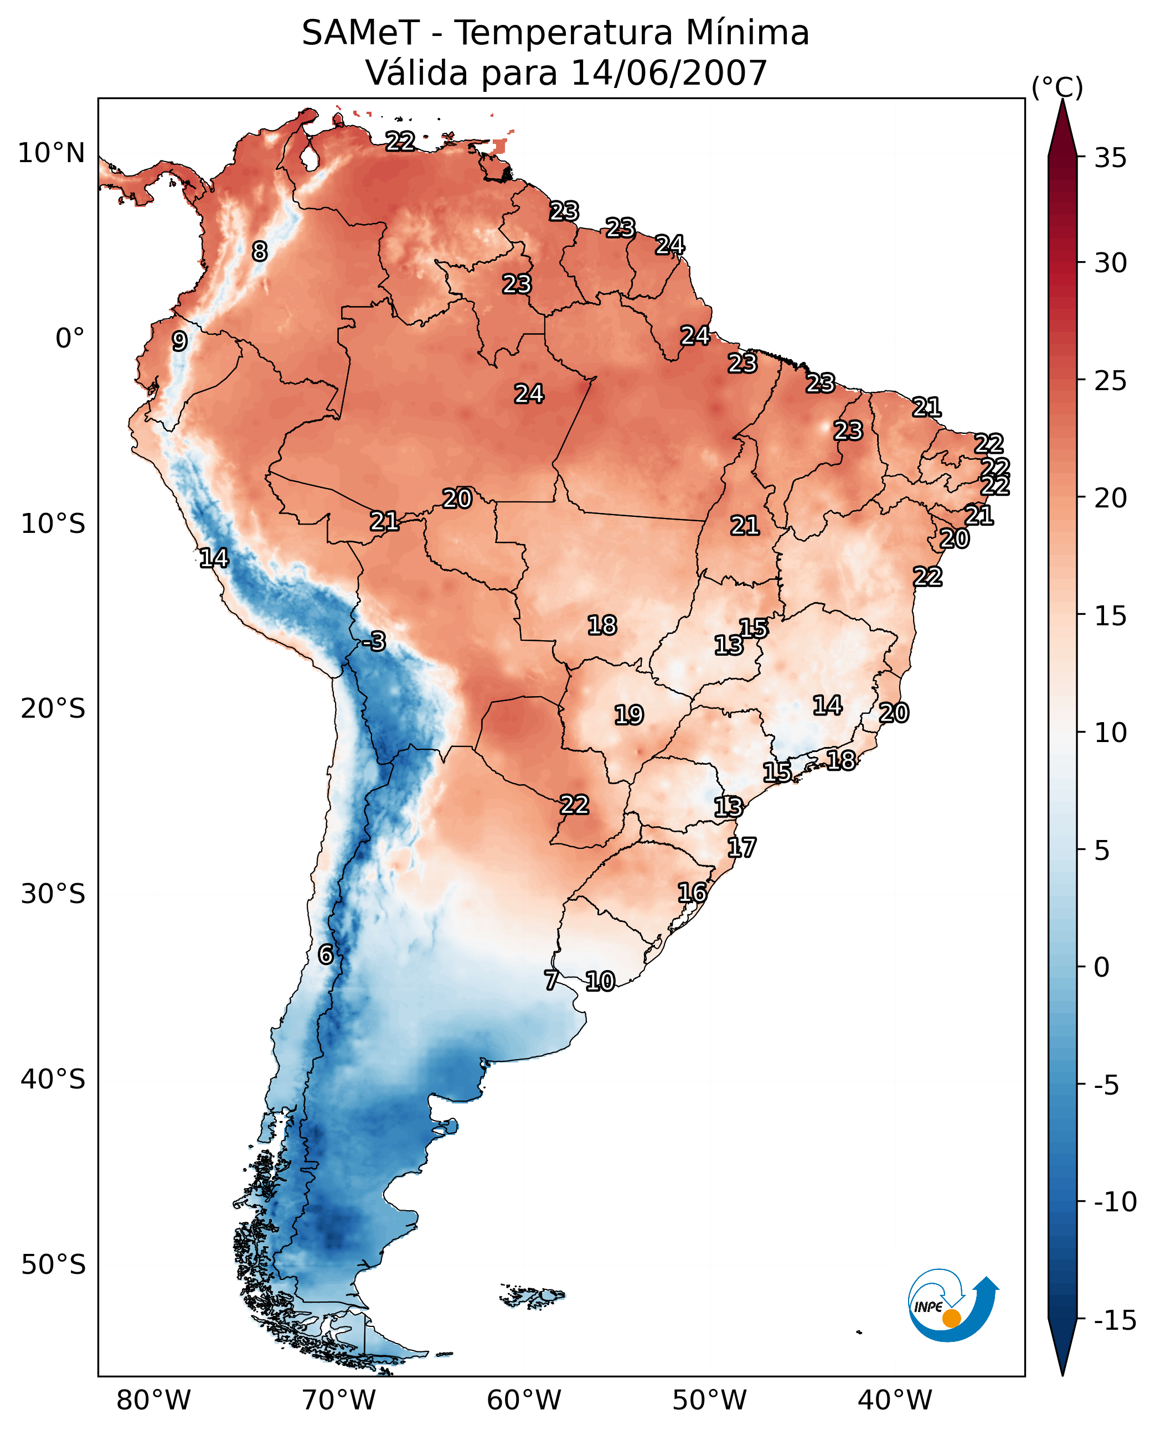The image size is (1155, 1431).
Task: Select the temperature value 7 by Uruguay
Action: click(x=551, y=979)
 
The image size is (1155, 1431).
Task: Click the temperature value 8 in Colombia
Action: click(x=260, y=251)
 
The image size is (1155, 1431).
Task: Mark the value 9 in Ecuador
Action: click(x=179, y=341)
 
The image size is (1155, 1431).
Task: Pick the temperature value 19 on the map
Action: click(x=629, y=715)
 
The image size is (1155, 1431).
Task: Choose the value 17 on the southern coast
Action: click(x=741, y=847)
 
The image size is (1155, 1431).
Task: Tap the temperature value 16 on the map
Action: click(x=692, y=893)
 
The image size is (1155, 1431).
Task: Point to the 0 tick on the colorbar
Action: click(x=1102, y=967)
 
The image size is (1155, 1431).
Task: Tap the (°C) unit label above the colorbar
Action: click(x=1057, y=87)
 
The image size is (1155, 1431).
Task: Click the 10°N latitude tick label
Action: click(x=51, y=154)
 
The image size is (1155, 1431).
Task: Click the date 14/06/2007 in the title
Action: click(x=669, y=72)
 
